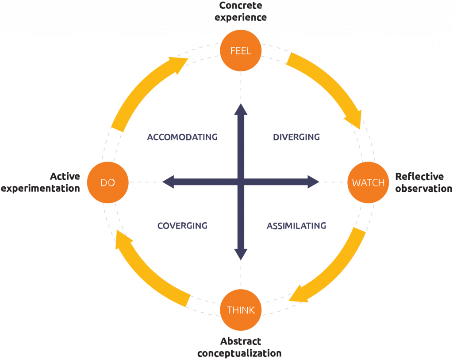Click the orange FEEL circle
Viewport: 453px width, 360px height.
coord(241,50)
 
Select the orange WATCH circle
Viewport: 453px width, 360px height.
coord(368,182)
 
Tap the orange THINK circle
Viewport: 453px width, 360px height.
coord(241,310)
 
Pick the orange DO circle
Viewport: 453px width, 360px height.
coord(107,182)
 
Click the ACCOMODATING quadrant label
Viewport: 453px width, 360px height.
coord(182,137)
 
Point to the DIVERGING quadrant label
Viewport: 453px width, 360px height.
coord(296,137)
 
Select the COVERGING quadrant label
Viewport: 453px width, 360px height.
coord(182,226)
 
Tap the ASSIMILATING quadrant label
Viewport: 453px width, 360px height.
coord(296,226)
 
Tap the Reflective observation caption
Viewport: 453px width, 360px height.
coord(423,182)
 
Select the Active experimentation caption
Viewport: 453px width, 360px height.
coord(41,182)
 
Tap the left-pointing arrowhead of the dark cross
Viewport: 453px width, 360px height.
coord(168,182)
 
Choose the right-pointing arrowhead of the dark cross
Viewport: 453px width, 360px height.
coord(313,182)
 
